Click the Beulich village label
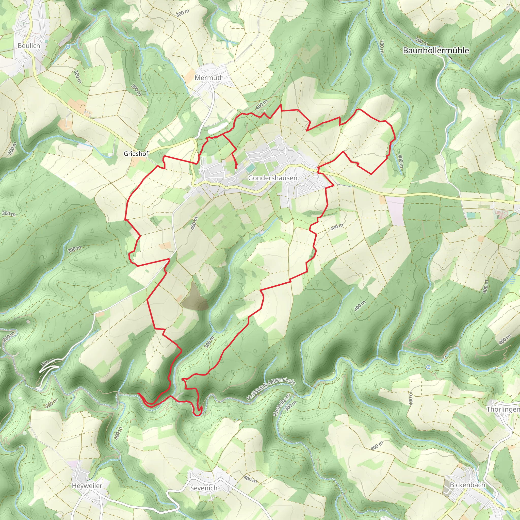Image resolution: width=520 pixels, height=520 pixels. coord(29,46)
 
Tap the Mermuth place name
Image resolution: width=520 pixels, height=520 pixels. coord(209,78)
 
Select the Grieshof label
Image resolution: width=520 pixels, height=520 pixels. coord(136,154)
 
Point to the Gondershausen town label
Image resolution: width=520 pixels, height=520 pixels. coord(273,178)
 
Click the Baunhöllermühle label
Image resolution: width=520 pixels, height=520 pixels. coord(436,51)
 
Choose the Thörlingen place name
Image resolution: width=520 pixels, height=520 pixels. coord(503,409)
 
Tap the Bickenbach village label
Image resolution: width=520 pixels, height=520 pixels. coord(467,485)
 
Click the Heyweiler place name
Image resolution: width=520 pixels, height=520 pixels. coord(87,485)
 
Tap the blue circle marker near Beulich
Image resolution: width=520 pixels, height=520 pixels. coord(68,47)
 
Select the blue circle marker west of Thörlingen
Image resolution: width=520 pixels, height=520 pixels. coord(428,367)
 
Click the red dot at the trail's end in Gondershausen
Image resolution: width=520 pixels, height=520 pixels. coord(236,168)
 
